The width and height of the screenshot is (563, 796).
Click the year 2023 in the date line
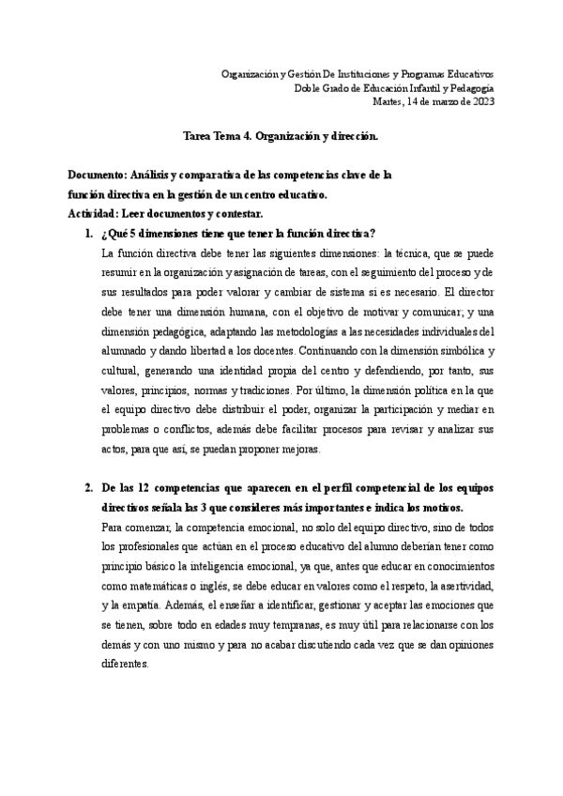pos(482,101)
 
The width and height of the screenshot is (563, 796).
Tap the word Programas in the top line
pos(423,73)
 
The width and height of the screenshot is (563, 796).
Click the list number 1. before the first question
pos(88,233)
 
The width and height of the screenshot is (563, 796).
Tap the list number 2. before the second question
pos(88,489)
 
